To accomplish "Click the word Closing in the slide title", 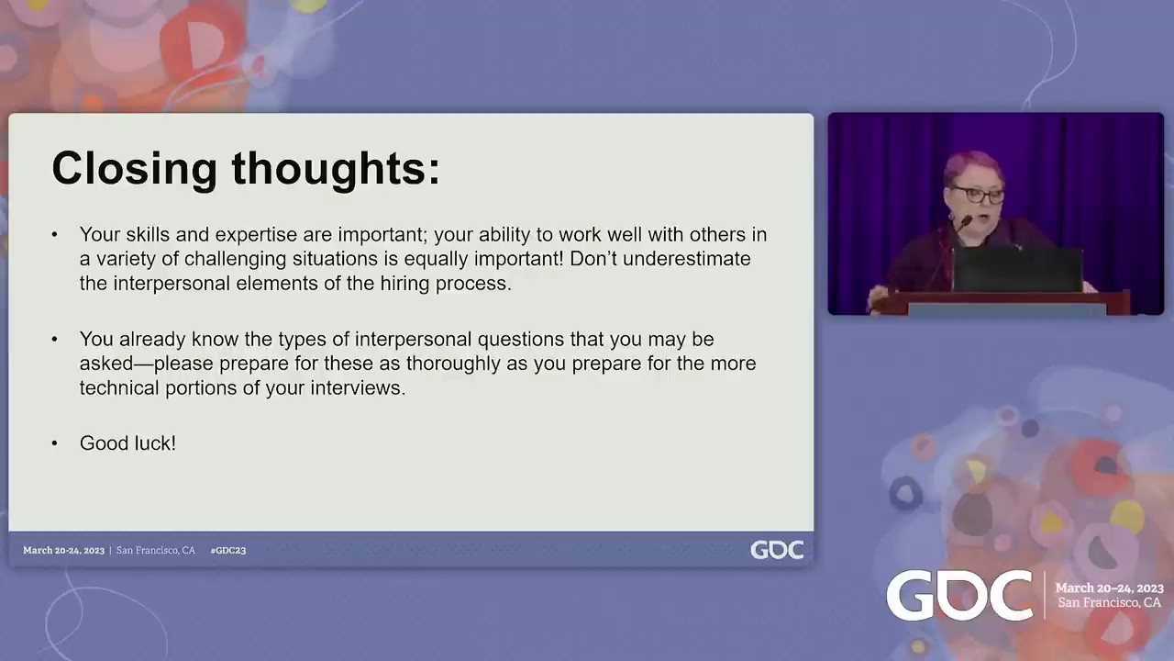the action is pos(134,169).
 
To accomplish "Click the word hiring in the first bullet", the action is pos(405,284).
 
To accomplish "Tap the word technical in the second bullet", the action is pos(119,388).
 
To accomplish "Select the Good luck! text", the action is pos(127,443).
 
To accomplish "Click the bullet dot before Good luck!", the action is pos(54,443).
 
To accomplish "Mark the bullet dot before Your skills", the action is pos(54,234).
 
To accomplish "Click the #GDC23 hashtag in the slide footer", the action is pos(228,550).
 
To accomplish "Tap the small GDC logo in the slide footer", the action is pos(777,550).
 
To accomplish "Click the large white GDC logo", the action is pos(959,596).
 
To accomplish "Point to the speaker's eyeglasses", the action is pos(978,196).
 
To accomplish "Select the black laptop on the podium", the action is pos(1017,269).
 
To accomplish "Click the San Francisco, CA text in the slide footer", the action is pos(156,550).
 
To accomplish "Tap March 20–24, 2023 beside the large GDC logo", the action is pos(1110,588).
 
